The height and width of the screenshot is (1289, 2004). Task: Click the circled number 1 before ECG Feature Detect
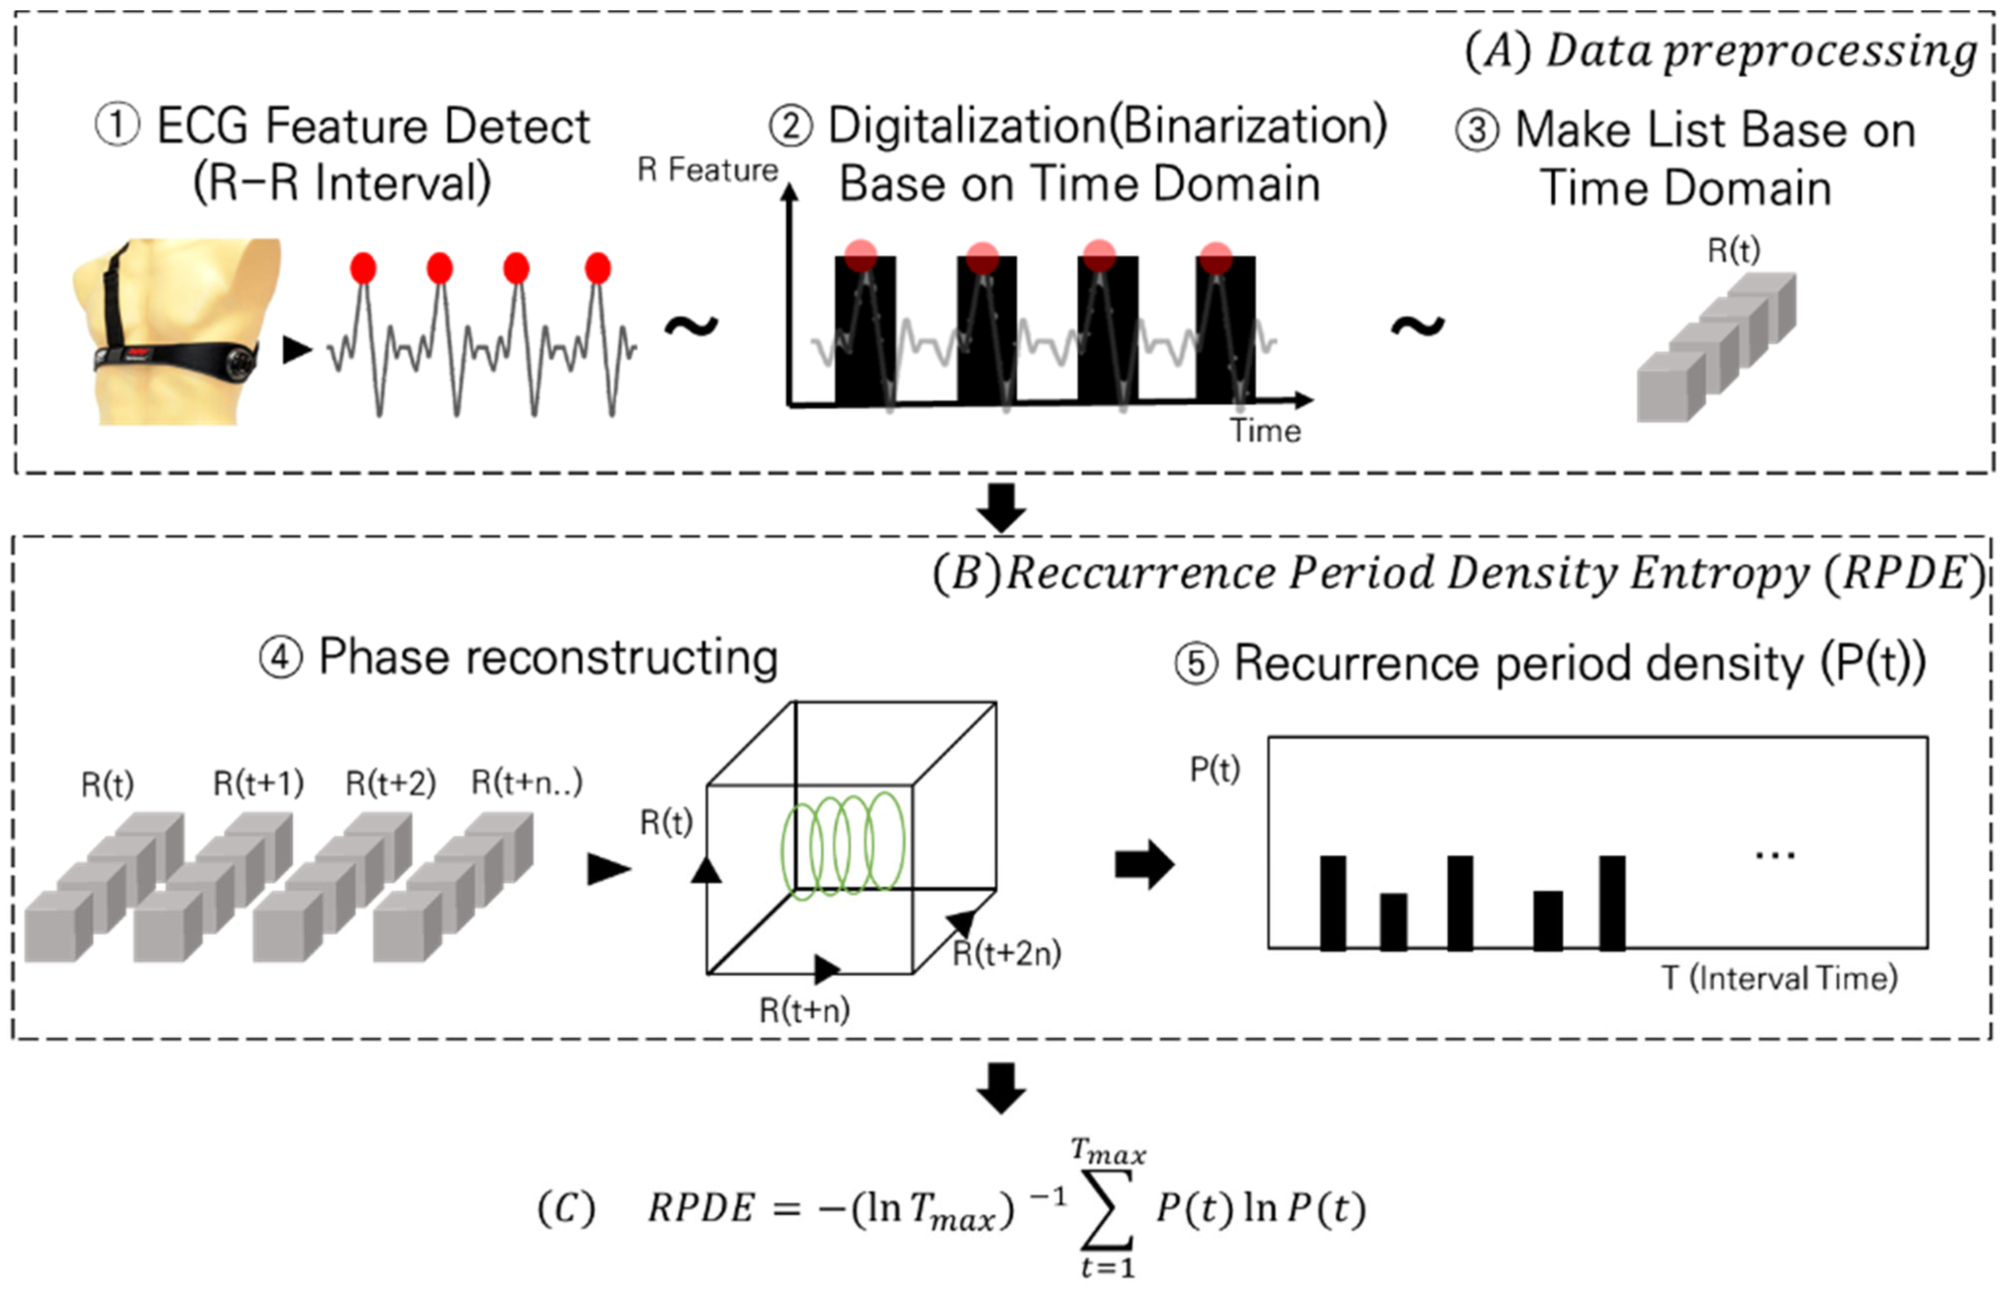pos(117,126)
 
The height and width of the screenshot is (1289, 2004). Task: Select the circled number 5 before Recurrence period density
pos(1196,664)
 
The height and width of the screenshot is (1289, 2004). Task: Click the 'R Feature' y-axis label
pos(708,170)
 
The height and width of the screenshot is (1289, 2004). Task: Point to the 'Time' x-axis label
pos(1265,431)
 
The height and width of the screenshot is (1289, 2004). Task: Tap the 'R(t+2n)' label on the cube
pos(1007,954)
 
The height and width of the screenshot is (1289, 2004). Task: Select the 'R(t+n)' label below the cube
pos(804,1010)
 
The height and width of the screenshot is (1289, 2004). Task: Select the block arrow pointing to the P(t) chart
pos(1144,865)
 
